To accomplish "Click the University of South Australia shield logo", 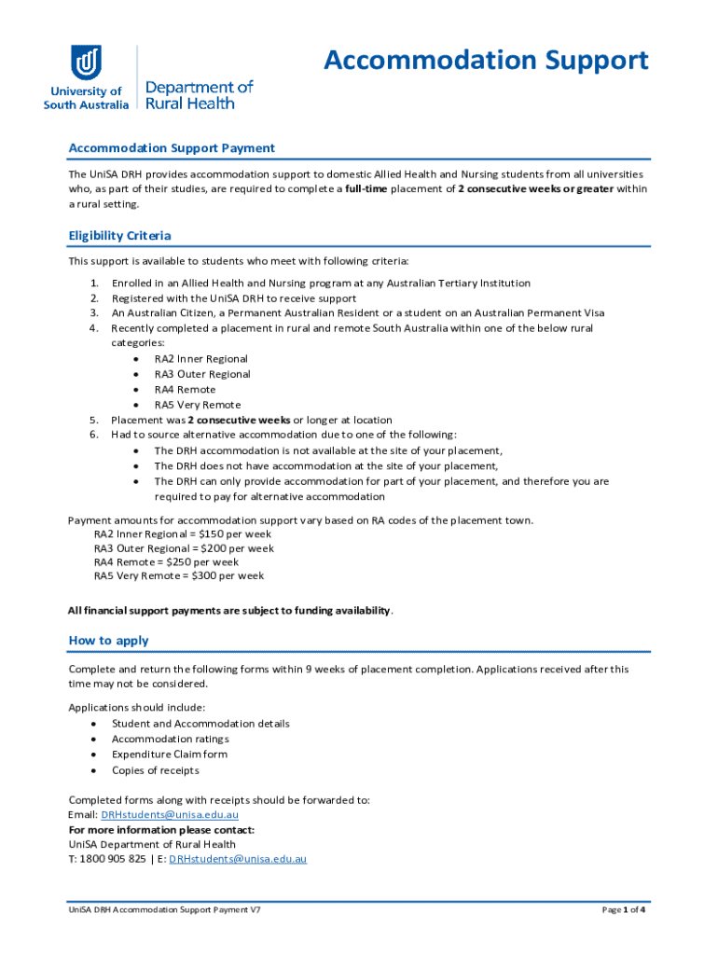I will tap(86, 62).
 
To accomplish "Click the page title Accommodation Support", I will tap(485, 61).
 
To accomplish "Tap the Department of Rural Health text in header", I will tap(199, 95).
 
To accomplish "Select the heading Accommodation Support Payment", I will tap(172, 148).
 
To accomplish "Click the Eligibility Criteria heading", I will tap(119, 235).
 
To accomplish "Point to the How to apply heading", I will tap(108, 641).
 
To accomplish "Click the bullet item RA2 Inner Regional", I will tap(200, 359).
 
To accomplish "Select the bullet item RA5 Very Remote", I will tap(198, 405).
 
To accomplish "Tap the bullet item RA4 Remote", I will tap(185, 390).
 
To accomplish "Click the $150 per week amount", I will tap(231, 533).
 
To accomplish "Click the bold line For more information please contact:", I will tap(161, 830).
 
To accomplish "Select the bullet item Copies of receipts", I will tap(155, 770).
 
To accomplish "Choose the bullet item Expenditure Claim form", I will tap(169, 754).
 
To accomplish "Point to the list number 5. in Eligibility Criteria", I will tap(94, 420).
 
